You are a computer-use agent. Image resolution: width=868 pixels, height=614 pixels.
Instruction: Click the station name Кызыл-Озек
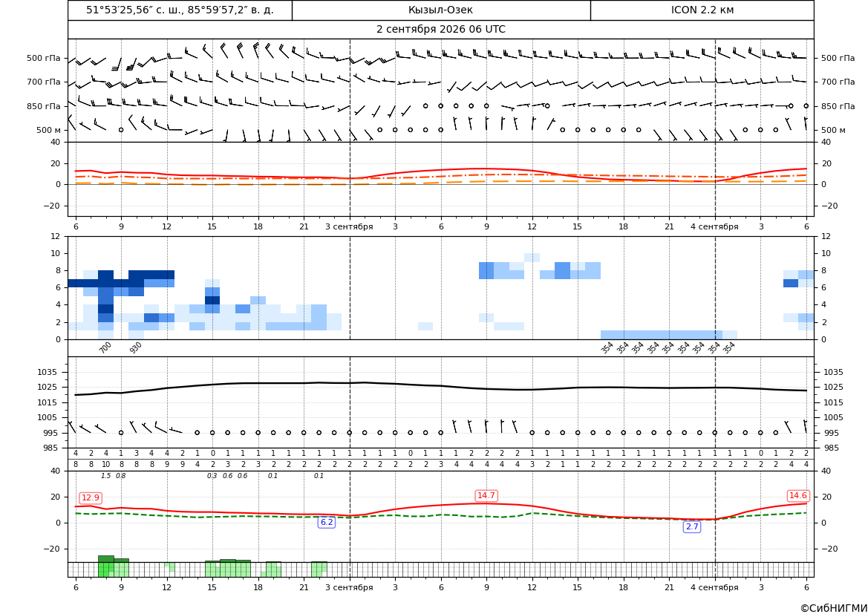440,10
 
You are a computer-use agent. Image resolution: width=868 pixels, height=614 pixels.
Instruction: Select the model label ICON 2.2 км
702,10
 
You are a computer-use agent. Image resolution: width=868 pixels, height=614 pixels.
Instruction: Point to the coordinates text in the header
180,10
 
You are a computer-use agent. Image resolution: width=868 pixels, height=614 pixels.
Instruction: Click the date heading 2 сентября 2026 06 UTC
440,30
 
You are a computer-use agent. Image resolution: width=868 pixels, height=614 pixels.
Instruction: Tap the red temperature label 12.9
91,497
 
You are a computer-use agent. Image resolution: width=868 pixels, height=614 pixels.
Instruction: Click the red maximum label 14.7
486,495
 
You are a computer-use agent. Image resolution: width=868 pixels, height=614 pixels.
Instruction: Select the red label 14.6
797,495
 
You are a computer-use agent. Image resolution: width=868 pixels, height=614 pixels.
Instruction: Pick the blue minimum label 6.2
327,522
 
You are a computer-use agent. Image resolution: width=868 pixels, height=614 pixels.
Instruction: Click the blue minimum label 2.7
692,526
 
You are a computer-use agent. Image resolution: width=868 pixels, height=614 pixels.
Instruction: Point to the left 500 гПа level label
43,58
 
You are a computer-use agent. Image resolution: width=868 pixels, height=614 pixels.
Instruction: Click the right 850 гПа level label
838,106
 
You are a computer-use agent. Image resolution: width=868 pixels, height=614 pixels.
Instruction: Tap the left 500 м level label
48,130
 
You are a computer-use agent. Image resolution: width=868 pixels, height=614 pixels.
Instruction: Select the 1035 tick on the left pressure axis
53,372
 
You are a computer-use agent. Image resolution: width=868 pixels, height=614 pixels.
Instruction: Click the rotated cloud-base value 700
105,347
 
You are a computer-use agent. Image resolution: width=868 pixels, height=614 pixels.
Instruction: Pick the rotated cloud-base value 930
136,347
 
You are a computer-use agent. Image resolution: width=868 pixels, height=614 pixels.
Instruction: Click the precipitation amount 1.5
105,476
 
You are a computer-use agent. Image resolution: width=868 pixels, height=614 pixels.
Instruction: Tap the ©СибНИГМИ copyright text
834,608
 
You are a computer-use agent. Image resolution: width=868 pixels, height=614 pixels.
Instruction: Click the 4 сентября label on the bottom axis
714,587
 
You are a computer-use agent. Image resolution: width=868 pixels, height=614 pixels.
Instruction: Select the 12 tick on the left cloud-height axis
56,236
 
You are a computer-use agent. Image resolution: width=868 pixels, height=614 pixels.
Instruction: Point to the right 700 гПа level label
838,82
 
